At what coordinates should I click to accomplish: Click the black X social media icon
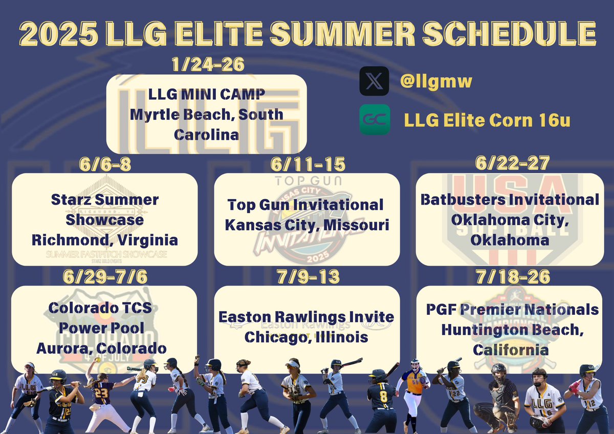[374, 81]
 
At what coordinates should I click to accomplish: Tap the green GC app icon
[374, 120]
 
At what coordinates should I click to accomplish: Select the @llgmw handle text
[436, 81]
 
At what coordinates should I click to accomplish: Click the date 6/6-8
[104, 164]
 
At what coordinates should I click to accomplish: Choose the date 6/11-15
[307, 164]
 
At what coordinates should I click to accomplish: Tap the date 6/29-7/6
[104, 276]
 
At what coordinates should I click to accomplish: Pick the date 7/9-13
[307, 276]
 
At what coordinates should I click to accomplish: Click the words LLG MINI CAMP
[206, 95]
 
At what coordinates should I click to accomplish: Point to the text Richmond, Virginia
[104, 240]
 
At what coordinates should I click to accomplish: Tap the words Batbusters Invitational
[510, 200]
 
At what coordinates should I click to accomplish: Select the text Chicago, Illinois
[307, 337]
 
